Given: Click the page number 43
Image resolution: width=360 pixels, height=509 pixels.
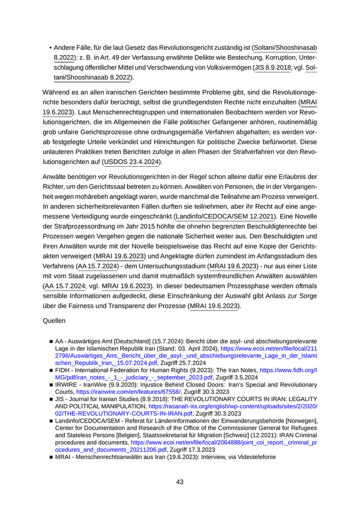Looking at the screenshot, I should pyautogui.click(x=179, y=482).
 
